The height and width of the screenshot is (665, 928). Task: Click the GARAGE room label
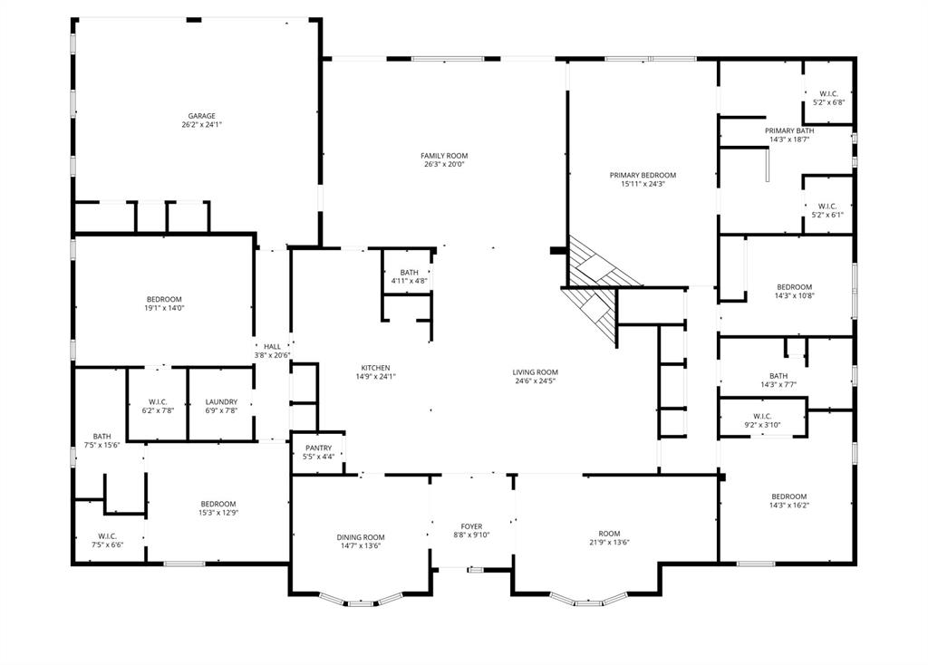201,116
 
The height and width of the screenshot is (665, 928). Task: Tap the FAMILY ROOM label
444,156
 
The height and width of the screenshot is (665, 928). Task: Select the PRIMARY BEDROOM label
643,175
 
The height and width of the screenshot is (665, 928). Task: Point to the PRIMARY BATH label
790,130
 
